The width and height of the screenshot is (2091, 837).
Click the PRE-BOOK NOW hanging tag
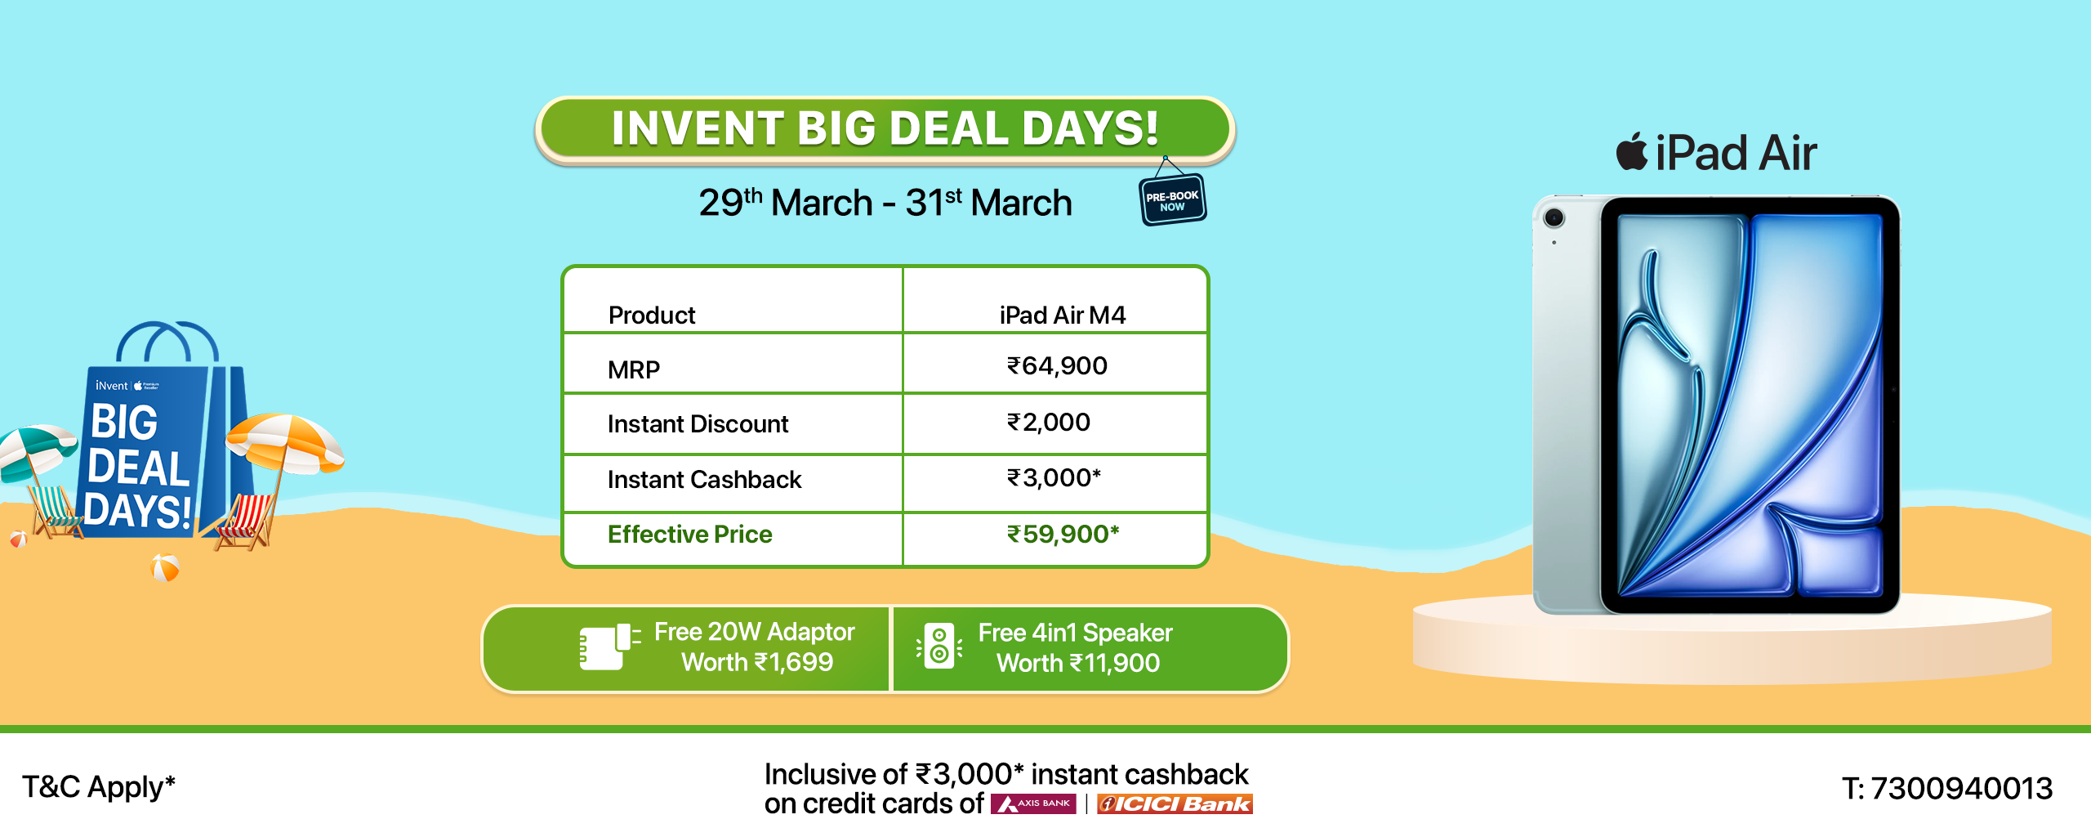[1172, 199]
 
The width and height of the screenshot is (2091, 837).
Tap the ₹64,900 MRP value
[1057, 366]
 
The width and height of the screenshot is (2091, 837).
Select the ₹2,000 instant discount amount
[1049, 423]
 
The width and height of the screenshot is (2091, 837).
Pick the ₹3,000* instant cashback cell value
[1054, 477]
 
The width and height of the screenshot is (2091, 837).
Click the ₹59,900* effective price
[1063, 534]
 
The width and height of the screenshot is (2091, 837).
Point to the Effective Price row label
[690, 534]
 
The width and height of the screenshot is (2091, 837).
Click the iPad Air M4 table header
[1063, 315]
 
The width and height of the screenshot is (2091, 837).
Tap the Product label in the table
[652, 315]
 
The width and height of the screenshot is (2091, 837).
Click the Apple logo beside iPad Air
[1632, 151]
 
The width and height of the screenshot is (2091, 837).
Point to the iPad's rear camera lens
[1554, 217]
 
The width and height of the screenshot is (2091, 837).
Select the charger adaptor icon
[609, 647]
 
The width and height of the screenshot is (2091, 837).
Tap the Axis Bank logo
[1033, 804]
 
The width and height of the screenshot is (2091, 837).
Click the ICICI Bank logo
[1175, 804]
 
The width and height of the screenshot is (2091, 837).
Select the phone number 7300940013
[1961, 788]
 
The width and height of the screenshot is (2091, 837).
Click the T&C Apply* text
[99, 787]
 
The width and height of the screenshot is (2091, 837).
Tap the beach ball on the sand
[166, 567]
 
